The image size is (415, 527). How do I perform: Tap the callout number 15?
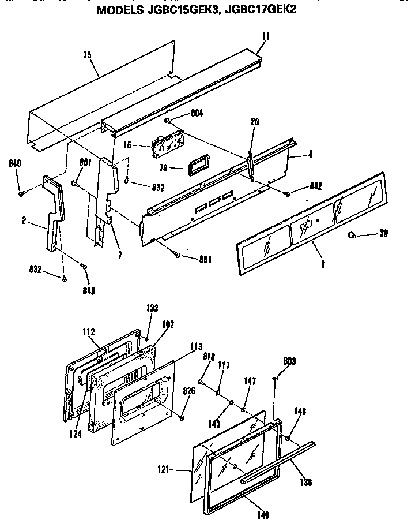pyautogui.click(x=87, y=55)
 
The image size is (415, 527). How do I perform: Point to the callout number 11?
pyautogui.click(x=265, y=36)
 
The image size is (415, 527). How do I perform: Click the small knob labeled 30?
pyautogui.click(x=353, y=235)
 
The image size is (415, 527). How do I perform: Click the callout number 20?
pyautogui.click(x=255, y=121)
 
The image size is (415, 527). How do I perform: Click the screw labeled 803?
pyautogui.click(x=275, y=379)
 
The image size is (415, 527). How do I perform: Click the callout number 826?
pyautogui.click(x=189, y=390)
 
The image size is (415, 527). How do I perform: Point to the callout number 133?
pyautogui.click(x=152, y=309)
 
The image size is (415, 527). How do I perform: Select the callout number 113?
pyautogui.click(x=196, y=347)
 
